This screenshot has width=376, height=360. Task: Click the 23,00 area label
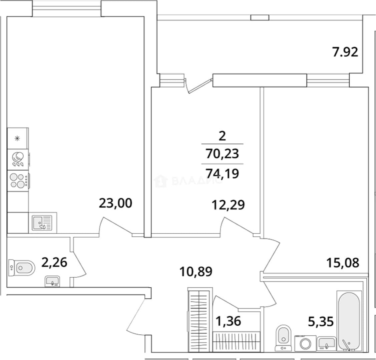[115, 203]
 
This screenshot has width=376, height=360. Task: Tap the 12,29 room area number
[228, 205]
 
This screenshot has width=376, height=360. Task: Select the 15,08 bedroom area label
[343, 263]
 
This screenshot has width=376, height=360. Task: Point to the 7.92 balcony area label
[345, 52]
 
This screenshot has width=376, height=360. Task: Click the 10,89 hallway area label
[196, 272]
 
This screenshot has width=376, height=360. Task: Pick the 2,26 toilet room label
[54, 262]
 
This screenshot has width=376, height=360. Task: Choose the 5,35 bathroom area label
[321, 321]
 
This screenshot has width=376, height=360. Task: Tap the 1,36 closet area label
[228, 321]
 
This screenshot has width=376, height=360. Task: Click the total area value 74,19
[222, 173]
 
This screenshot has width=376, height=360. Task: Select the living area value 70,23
[222, 154]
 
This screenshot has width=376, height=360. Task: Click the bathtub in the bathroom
[349, 321]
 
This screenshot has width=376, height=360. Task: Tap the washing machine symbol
[305, 343]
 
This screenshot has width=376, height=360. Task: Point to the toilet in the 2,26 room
[22, 268]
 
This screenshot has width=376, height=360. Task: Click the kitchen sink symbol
[42, 223]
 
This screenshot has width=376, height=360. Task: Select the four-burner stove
[18, 181]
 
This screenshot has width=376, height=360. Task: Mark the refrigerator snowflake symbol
[17, 138]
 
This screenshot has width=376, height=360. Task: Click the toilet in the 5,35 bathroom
[283, 338]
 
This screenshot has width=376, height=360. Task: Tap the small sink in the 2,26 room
[52, 281]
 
